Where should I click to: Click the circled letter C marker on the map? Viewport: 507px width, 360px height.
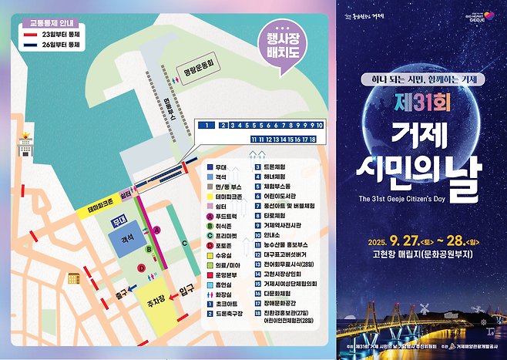point(185,244)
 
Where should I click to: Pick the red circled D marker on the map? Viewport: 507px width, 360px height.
point(141,268)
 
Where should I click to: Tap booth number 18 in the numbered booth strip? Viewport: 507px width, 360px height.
point(313,139)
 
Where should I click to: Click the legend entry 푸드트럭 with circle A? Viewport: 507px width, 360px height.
point(229,217)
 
